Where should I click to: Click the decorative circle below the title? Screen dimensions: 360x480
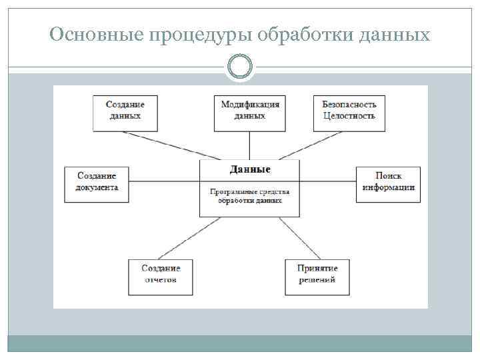[240, 67]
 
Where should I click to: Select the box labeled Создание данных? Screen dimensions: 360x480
[125, 112]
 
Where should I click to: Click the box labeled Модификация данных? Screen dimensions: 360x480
[250, 112]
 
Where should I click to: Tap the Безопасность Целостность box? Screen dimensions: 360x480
[349, 112]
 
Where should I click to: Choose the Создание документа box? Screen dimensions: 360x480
[97, 183]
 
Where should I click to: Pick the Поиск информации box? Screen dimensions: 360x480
[388, 183]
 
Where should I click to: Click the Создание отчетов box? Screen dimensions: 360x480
[161, 276]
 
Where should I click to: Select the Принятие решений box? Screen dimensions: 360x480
[317, 276]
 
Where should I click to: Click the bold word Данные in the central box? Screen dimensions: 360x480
[250, 169]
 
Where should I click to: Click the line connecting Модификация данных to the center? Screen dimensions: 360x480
[250, 145]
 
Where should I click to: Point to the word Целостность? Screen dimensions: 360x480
[349, 117]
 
